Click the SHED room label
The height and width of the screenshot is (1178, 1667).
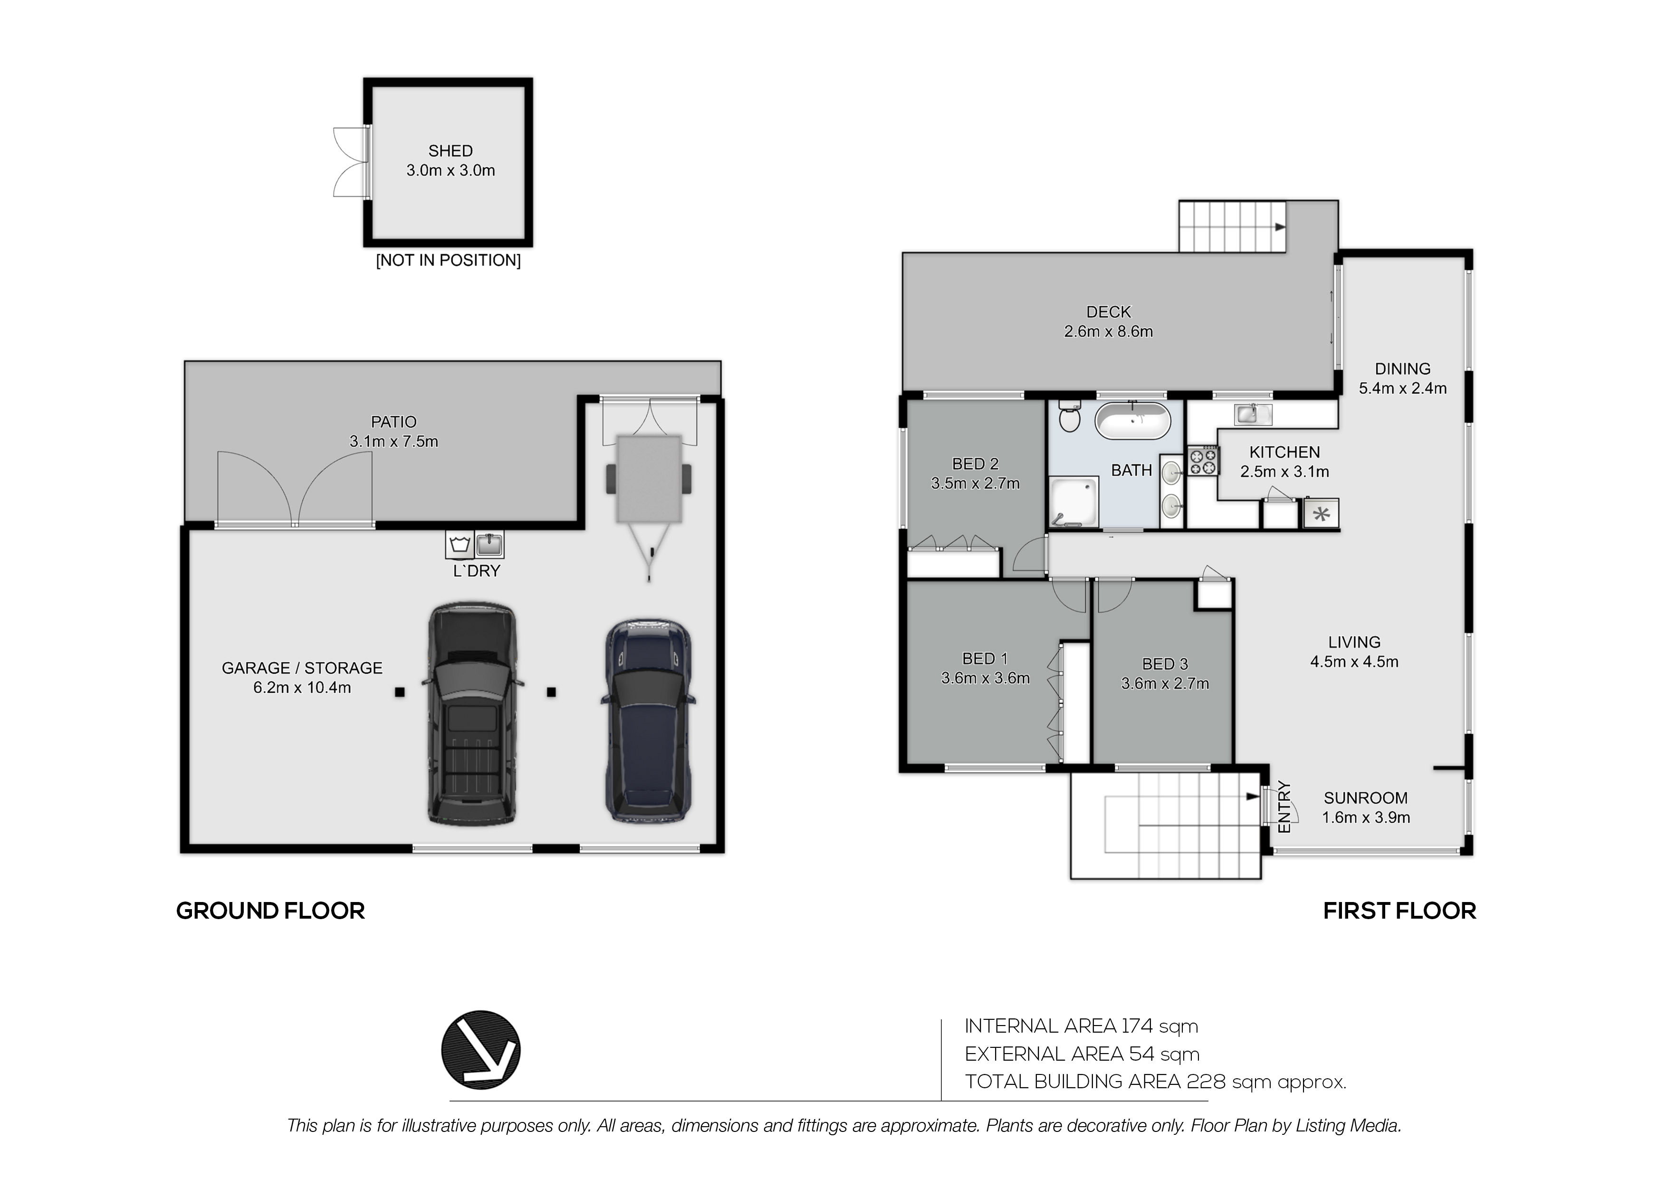tap(450, 151)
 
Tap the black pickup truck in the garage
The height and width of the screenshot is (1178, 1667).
tap(473, 713)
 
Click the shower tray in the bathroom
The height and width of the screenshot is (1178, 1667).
tap(1073, 501)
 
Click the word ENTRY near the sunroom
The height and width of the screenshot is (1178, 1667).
tap(1284, 807)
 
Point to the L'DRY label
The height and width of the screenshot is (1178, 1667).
tap(476, 571)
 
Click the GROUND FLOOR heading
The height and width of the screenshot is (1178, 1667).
tap(270, 911)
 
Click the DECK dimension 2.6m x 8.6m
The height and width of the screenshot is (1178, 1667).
tap(1108, 332)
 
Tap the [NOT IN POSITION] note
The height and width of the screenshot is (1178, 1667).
tap(448, 261)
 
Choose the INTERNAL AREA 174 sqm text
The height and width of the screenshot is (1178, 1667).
tap(1081, 1026)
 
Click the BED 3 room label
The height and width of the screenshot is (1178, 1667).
tap(1165, 664)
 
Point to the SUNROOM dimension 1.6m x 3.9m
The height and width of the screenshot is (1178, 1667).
tap(1366, 817)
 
